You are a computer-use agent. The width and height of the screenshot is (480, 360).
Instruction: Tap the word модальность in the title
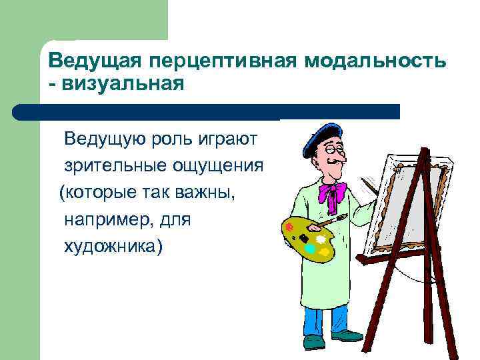pyautogui.click(x=376, y=62)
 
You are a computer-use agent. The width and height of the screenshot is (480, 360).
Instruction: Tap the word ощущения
pyautogui.click(x=220, y=165)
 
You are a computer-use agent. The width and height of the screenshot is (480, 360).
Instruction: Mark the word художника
pyautogui.click(x=112, y=246)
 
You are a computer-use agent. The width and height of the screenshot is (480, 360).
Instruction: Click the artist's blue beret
pyautogui.click(x=321, y=137)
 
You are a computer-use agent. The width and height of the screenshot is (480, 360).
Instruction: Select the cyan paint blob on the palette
pyautogui.click(x=309, y=248)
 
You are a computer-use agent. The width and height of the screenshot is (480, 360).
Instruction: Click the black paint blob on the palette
pyautogui.click(x=303, y=237)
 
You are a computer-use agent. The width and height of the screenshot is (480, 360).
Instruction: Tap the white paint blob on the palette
pyautogui.click(x=321, y=238)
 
